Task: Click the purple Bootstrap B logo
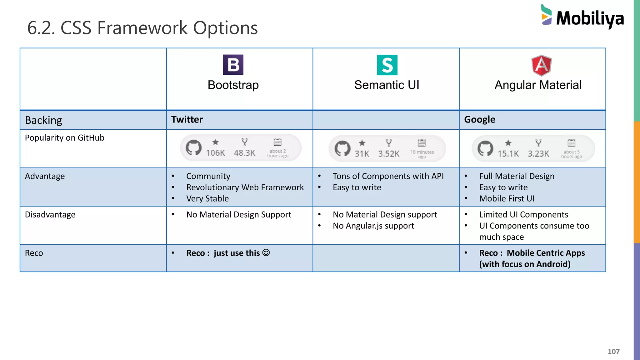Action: click(233, 65)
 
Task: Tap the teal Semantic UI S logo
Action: click(387, 65)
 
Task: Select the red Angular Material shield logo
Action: click(542, 66)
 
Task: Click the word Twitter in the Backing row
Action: click(187, 119)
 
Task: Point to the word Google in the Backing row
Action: click(479, 119)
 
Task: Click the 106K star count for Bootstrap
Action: click(215, 152)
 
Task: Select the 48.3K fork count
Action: click(244, 152)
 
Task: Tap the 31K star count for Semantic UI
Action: click(362, 153)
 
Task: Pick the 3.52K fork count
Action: click(388, 153)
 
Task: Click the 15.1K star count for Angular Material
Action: click(508, 153)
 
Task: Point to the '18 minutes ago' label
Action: click(422, 154)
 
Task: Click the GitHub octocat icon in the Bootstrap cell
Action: click(193, 147)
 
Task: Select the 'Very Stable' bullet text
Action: click(207, 198)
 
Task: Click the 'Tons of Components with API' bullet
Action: click(388, 176)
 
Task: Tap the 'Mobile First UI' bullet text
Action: click(507, 198)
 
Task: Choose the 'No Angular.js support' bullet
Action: click(373, 226)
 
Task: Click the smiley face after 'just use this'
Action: click(266, 252)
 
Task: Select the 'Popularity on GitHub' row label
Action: click(64, 138)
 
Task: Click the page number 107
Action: click(613, 351)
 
